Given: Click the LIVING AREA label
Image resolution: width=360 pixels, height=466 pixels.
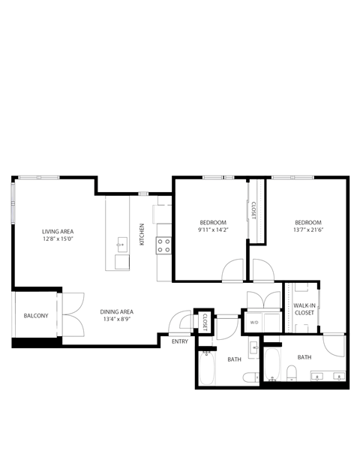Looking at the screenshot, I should tap(58, 231).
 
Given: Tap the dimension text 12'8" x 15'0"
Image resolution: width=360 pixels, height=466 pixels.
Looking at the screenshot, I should tap(58, 240).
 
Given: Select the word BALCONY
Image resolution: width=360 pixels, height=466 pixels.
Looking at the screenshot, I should tap(36, 316).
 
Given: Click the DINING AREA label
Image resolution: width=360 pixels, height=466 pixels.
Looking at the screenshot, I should tap(117, 311).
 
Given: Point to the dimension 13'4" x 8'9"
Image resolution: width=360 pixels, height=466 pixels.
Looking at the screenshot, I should tap(117, 320).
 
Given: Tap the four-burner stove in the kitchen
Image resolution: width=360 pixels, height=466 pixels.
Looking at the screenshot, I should tap(163, 244).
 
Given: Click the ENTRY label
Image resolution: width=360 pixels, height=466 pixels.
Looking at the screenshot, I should tap(180, 341).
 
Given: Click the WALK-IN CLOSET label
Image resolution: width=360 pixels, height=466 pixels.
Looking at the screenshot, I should tap(304, 309).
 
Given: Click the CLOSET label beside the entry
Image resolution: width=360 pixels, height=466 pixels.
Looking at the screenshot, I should tap(204, 320).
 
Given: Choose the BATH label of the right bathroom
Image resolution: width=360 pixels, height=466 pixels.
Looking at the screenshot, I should tap(304, 357).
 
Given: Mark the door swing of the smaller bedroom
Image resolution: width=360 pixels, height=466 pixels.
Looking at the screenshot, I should tap(233, 269).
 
